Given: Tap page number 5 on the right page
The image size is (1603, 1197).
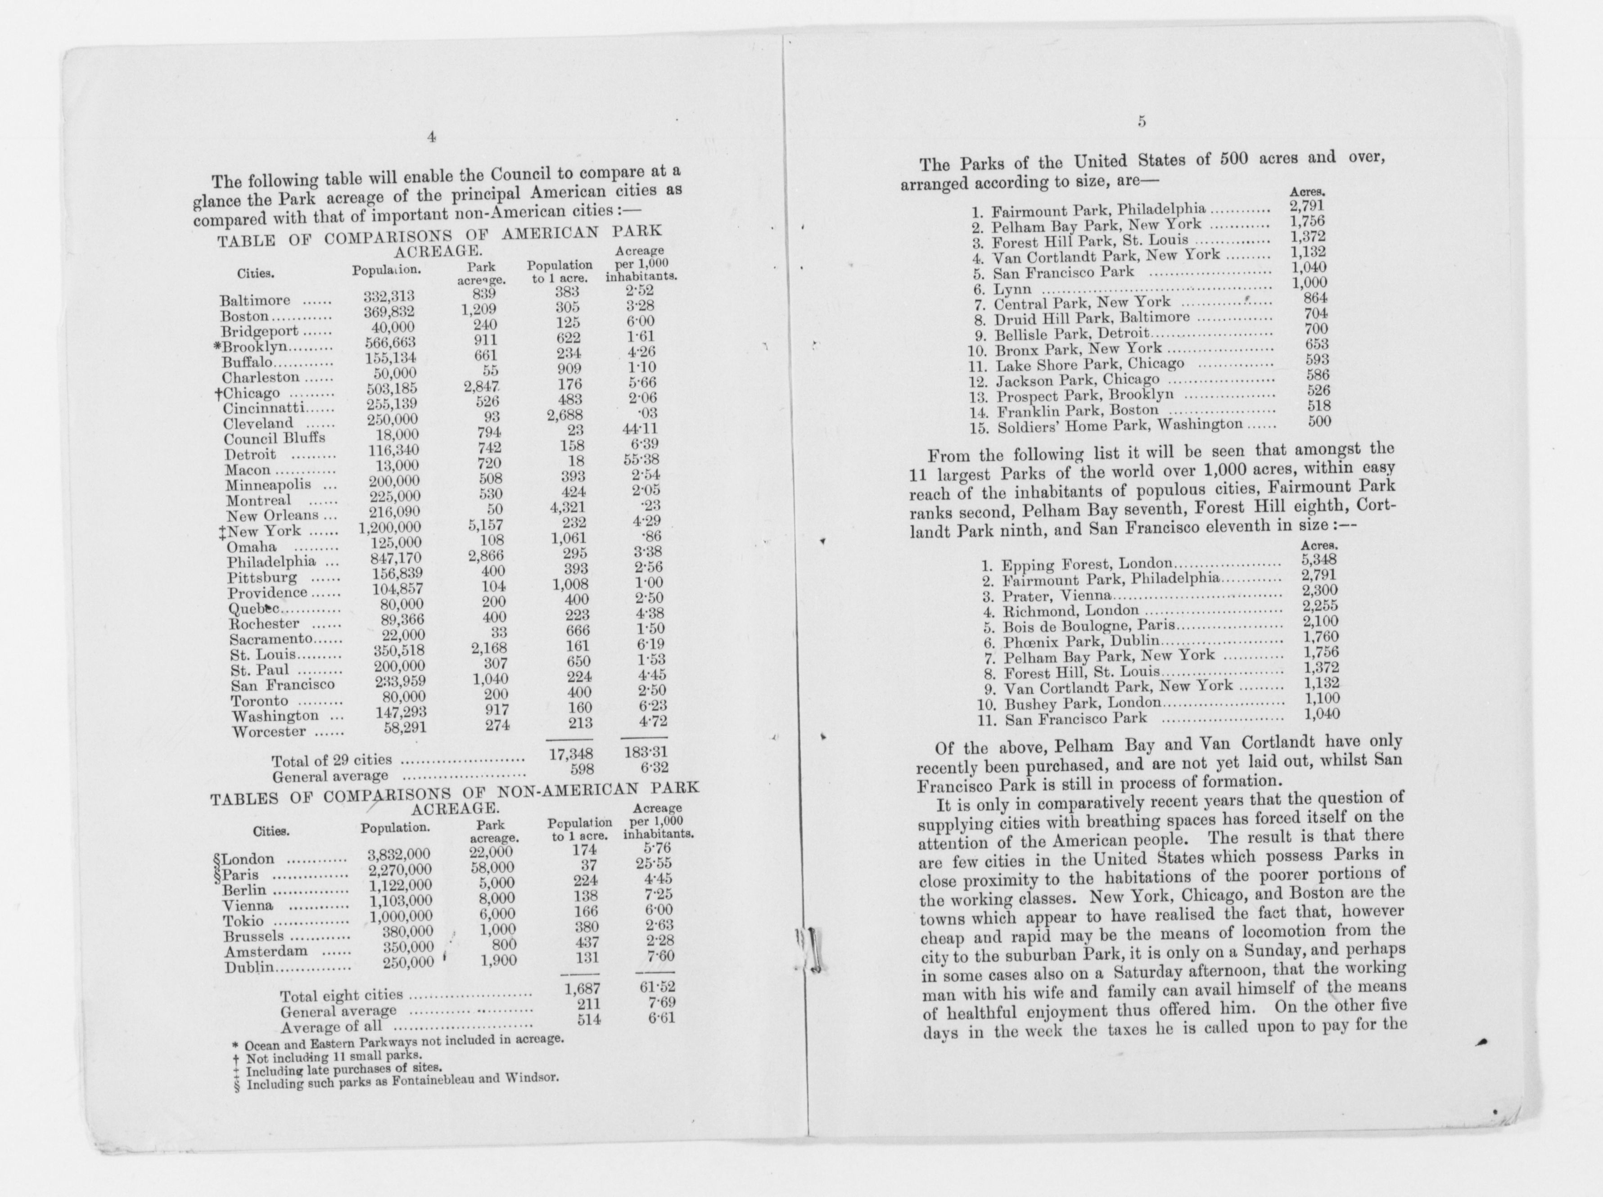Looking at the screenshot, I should point(1142,122).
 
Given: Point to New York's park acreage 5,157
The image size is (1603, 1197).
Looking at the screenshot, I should point(483,524).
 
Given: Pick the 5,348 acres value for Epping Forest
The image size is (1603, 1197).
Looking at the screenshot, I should point(1320,560).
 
